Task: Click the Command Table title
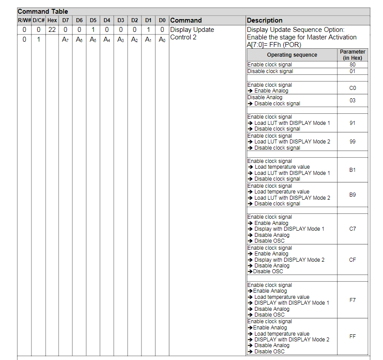(x=43, y=12)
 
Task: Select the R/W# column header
(x=24, y=20)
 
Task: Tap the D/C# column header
(x=39, y=20)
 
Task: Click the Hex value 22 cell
(x=52, y=30)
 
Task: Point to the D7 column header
(x=66, y=20)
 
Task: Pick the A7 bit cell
(x=66, y=39)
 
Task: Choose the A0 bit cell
(x=162, y=39)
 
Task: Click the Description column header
(x=265, y=20)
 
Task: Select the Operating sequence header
(x=292, y=55)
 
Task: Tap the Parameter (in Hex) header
(x=352, y=55)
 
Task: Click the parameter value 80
(x=352, y=65)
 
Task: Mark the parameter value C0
(x=352, y=88)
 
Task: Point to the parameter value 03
(x=352, y=101)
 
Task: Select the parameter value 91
(x=352, y=123)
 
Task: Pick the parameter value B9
(x=352, y=195)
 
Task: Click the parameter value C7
(x=352, y=229)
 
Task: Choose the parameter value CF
(x=352, y=260)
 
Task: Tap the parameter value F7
(x=352, y=300)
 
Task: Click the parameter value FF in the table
(x=352, y=337)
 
